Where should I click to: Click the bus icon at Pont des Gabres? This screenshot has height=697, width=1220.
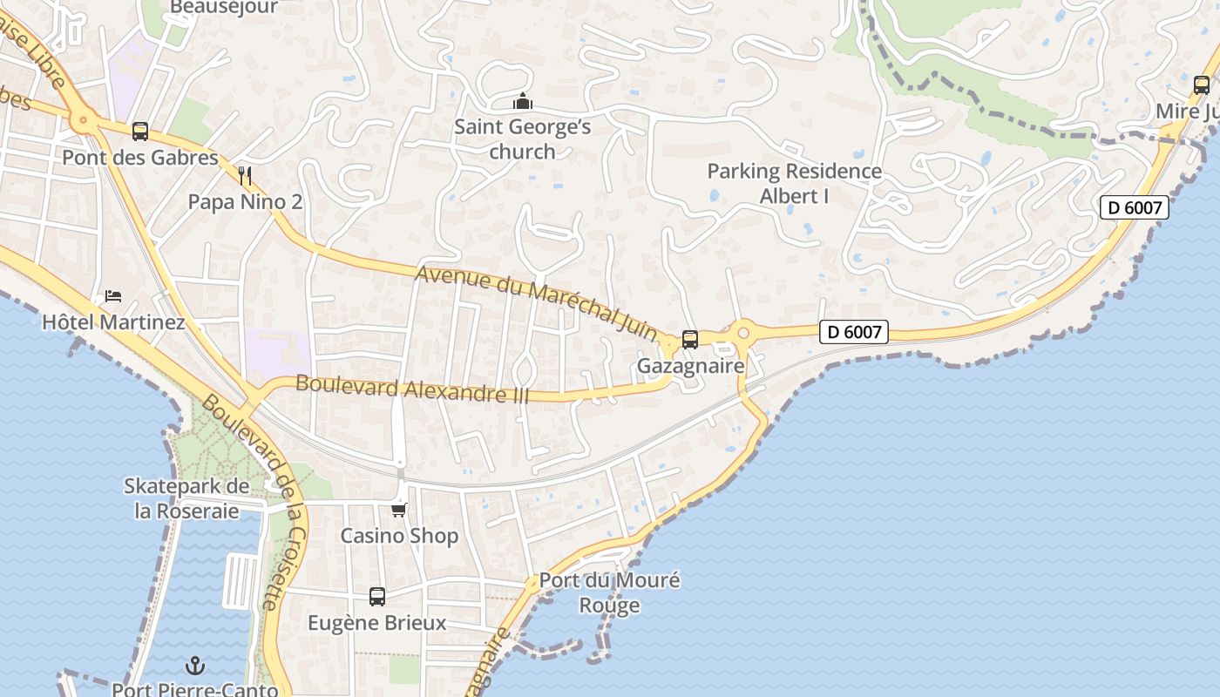(139, 132)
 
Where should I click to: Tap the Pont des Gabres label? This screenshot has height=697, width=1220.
(139, 158)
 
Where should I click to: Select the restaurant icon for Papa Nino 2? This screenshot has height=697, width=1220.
(245, 176)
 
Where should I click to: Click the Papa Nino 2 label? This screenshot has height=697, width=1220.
(245, 202)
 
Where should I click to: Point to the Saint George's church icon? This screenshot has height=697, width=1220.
(522, 102)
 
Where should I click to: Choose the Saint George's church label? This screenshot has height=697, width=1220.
(522, 139)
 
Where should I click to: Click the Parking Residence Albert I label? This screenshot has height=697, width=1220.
(794, 183)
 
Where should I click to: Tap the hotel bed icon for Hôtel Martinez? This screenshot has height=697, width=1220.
(113, 296)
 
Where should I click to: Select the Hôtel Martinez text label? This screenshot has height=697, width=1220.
(113, 322)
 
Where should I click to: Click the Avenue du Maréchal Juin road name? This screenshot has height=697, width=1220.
(536, 302)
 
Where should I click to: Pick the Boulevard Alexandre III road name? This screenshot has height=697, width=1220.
(412, 389)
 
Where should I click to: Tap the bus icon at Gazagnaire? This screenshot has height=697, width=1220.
(690, 340)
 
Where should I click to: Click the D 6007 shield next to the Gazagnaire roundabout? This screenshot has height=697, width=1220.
(853, 332)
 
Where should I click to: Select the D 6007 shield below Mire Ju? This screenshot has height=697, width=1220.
(1133, 207)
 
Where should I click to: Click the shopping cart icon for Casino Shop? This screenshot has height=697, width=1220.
(399, 510)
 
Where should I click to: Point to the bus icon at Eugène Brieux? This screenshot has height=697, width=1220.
(376, 597)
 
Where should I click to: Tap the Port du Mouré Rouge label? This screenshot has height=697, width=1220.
(609, 592)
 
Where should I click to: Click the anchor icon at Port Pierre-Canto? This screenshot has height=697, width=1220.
(195, 666)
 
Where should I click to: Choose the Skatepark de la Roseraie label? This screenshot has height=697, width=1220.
(186, 498)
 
